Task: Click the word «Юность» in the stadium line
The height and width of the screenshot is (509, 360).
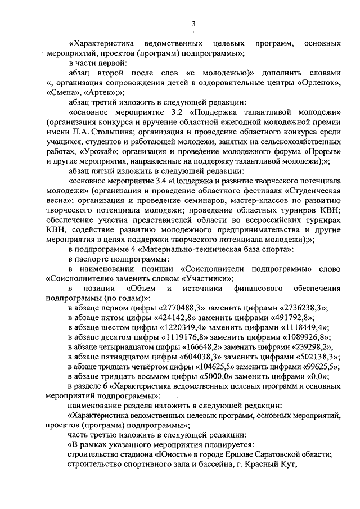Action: tap(156, 454)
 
